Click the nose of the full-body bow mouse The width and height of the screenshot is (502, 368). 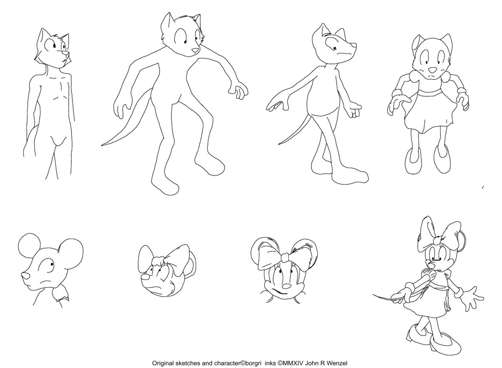click(431, 265)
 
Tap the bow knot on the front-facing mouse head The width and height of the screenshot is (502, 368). click(285, 257)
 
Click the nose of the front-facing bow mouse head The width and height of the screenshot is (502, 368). click(286, 286)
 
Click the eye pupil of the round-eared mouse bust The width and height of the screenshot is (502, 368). click(52, 264)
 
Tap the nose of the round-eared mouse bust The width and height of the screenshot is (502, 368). click(25, 276)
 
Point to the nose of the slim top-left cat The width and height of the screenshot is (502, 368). click(65, 53)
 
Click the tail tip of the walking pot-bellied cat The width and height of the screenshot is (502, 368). click(279, 144)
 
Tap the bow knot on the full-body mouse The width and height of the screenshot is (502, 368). click(437, 241)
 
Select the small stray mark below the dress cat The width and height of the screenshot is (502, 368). click(483, 187)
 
